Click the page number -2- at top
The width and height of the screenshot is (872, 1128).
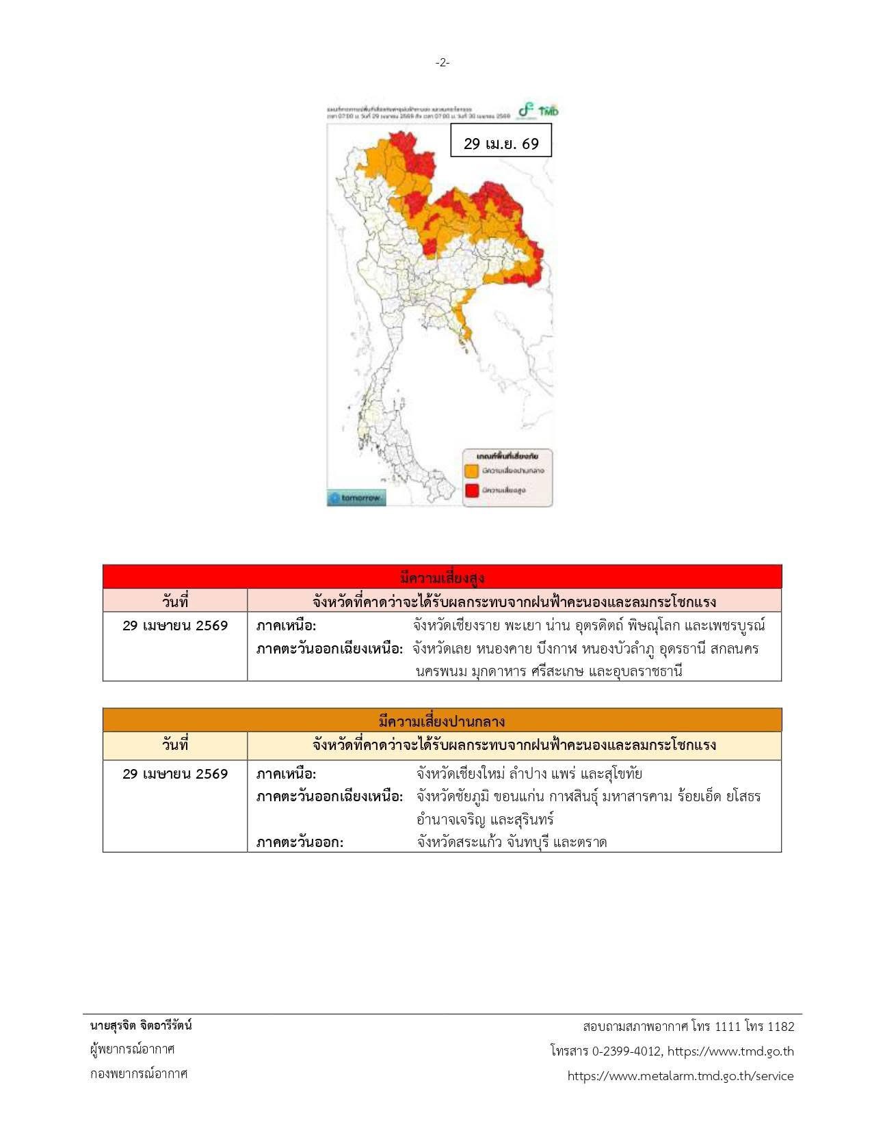[442, 63]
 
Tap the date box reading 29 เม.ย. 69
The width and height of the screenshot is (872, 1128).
[501, 144]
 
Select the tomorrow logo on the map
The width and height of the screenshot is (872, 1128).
[356, 498]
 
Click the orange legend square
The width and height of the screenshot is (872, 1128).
[471, 471]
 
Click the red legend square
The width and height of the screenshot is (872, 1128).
[471, 490]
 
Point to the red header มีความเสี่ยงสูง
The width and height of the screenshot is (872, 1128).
[442, 578]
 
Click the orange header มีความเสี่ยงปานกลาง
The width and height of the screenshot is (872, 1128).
[442, 721]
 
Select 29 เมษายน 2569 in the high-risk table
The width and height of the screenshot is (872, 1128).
[175, 626]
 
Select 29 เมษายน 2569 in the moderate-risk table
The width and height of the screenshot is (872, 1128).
[175, 774]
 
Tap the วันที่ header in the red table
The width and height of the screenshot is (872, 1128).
[175, 602]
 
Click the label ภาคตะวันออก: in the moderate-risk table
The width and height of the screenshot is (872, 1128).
[300, 842]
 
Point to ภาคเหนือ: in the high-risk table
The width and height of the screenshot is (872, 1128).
[286, 626]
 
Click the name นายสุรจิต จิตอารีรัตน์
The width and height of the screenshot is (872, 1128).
[141, 1025]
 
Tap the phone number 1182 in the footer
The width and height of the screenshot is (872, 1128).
[781, 1027]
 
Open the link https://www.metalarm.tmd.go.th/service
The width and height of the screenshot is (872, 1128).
[681, 1076]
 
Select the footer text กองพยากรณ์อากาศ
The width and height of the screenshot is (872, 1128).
[139, 1073]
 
